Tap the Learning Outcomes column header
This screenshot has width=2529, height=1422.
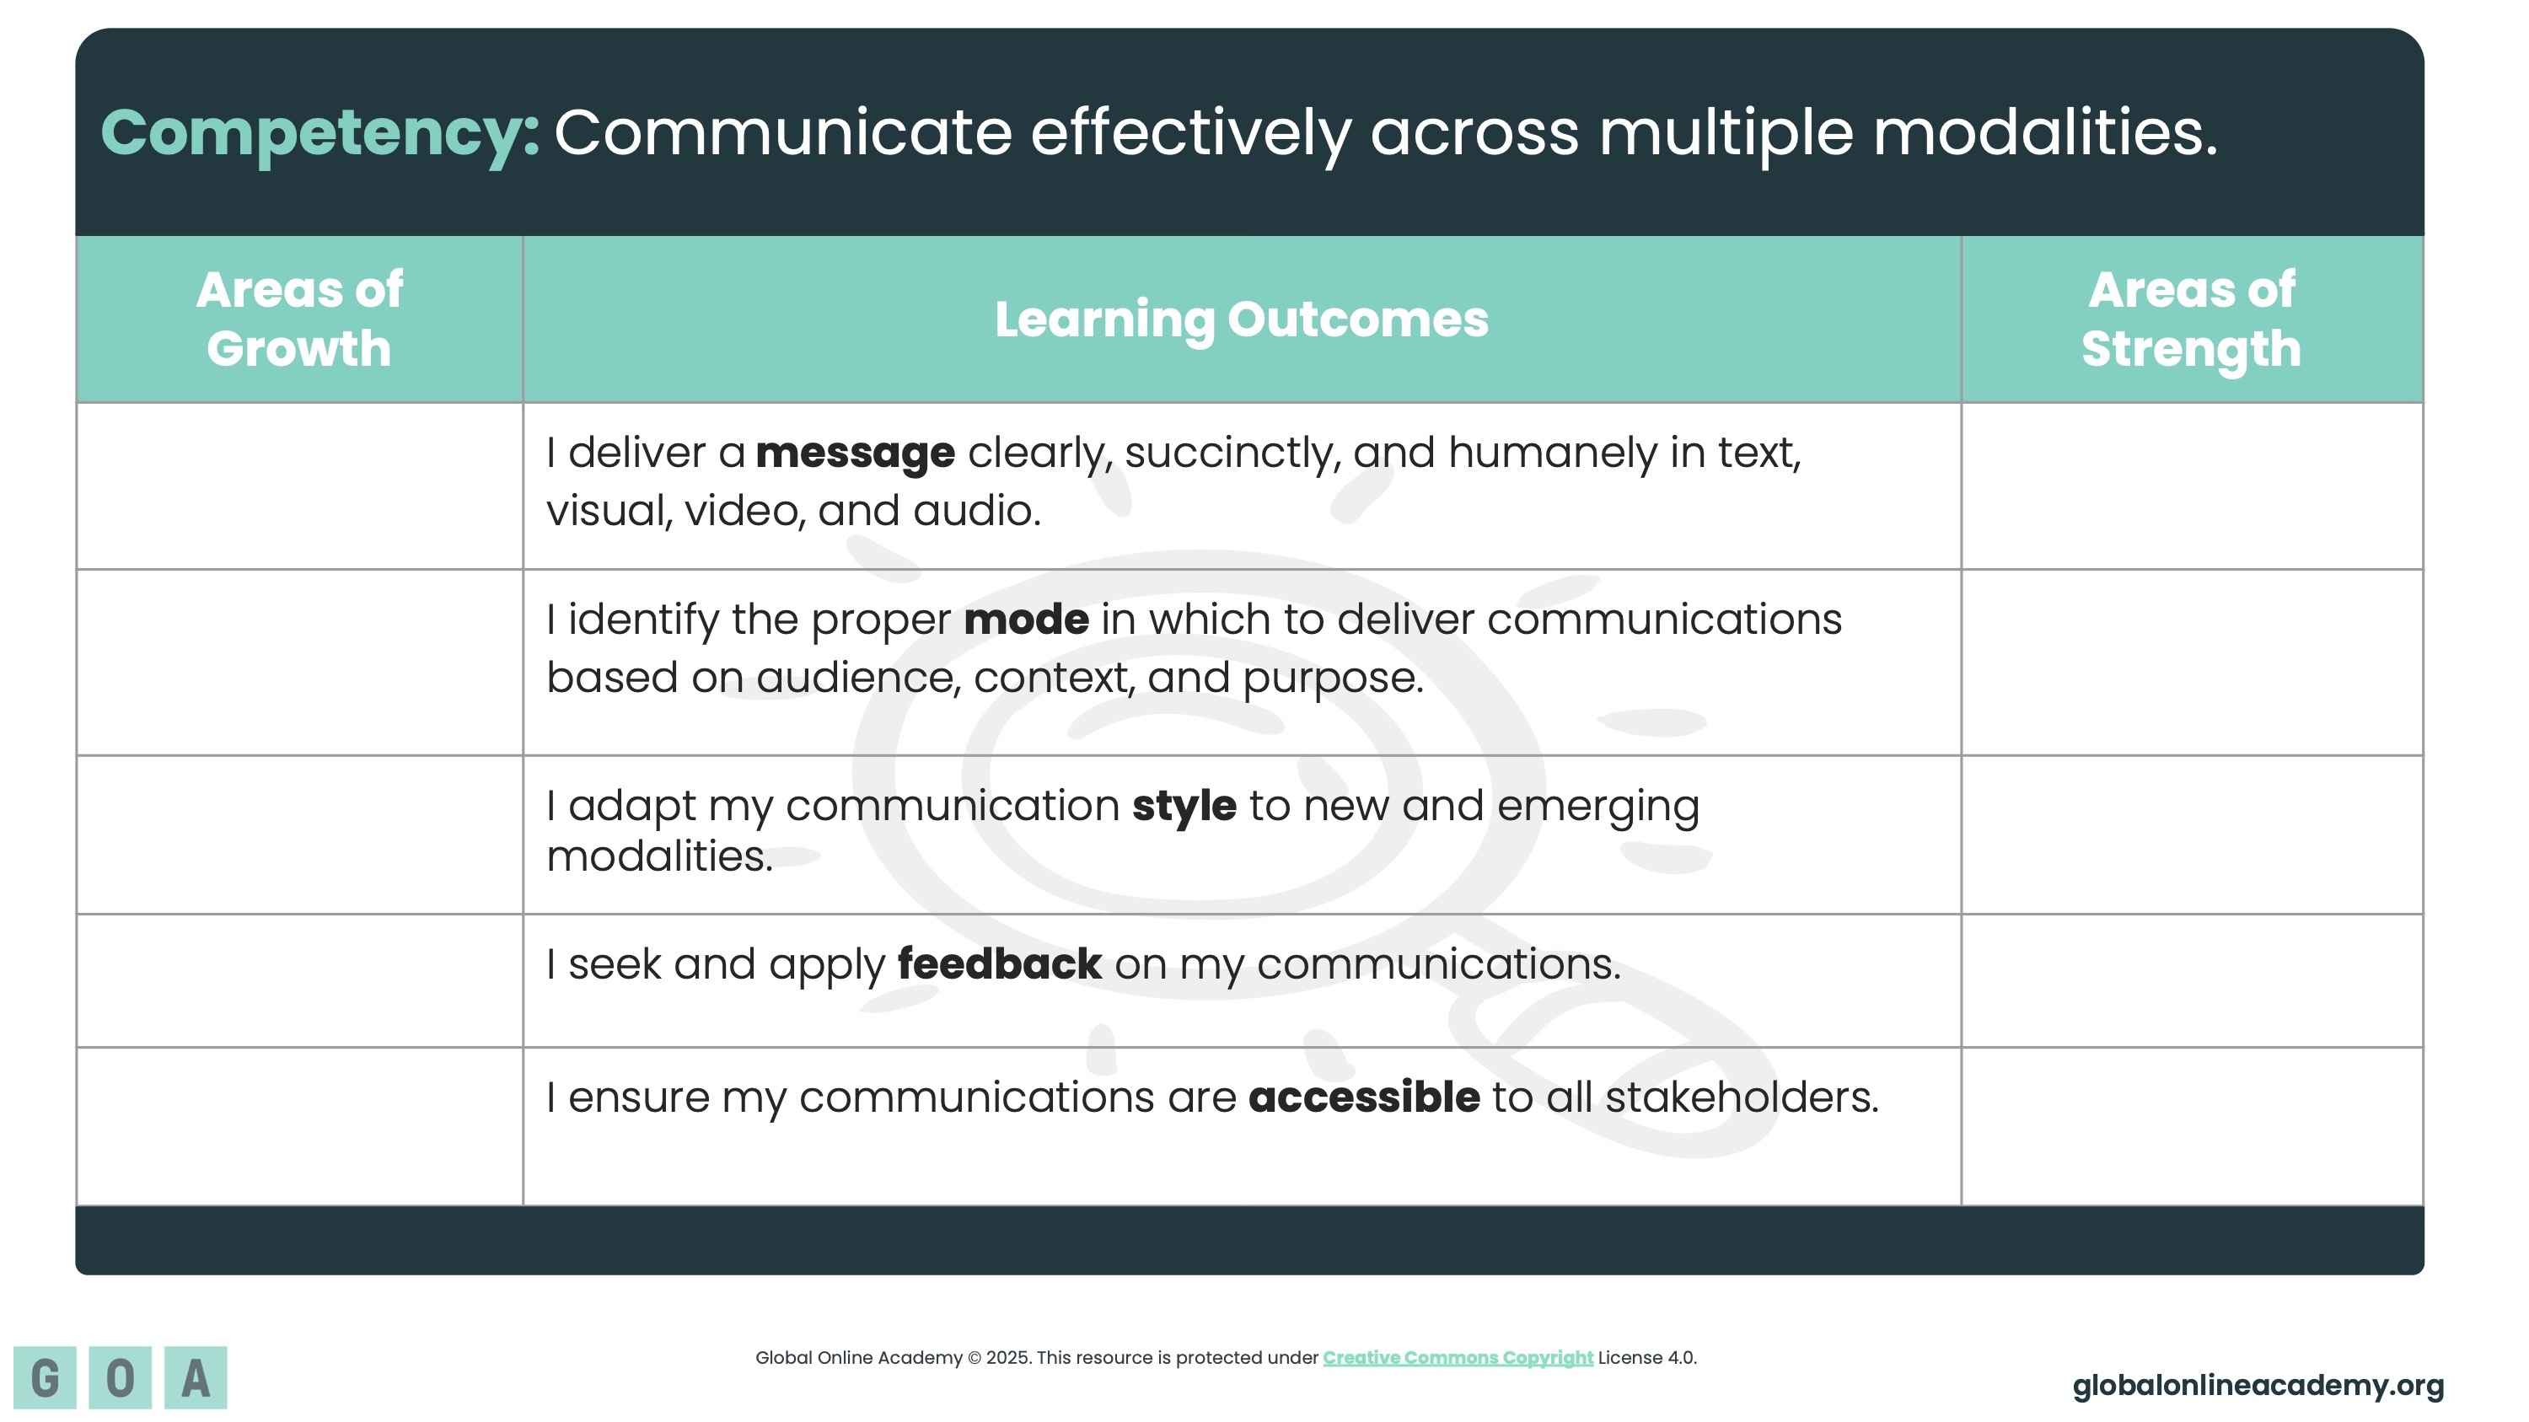coord(1242,320)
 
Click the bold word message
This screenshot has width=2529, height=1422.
coord(855,453)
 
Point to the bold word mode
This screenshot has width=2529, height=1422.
coord(1026,620)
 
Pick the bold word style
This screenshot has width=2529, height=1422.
coord(1184,807)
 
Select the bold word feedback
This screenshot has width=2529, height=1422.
coord(1000,963)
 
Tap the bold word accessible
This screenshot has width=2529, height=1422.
coord(1364,1097)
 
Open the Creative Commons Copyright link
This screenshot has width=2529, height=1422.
coord(1458,1358)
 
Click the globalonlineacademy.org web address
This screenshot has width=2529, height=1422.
coord(2258,1386)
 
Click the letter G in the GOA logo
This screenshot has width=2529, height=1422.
coord(46,1378)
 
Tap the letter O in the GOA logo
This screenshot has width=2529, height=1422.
coord(121,1378)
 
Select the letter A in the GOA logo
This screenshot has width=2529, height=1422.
coord(196,1378)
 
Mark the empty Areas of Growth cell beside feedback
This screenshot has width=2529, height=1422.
coord(299,981)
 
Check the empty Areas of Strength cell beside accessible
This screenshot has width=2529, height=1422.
coord(2193,1127)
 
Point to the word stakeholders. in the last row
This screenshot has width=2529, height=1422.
coord(1742,1097)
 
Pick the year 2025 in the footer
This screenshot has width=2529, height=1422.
coord(1007,1358)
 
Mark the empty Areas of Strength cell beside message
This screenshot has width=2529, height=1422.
coord(2193,486)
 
